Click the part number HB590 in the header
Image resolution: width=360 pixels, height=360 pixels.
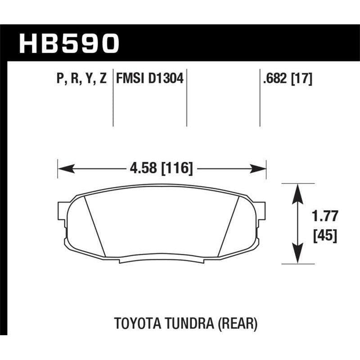pyautogui.click(x=69, y=44)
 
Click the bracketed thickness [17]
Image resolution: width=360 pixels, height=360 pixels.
pyautogui.click(x=301, y=79)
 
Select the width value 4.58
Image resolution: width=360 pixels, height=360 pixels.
pyautogui.click(x=142, y=169)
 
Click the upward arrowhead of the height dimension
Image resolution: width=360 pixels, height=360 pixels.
pyautogui.click(x=297, y=191)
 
